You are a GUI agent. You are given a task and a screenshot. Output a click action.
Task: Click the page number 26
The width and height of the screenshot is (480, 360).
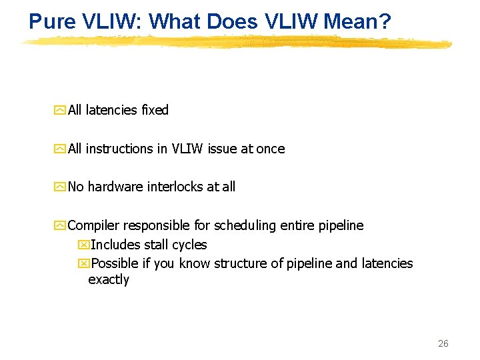tap(443, 343)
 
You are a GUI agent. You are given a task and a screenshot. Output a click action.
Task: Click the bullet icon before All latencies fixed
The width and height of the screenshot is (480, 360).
tap(61, 111)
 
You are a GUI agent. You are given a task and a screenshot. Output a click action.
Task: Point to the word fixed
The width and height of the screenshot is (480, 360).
tap(155, 110)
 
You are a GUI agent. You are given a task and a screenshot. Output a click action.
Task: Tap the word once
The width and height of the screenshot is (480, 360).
tap(271, 149)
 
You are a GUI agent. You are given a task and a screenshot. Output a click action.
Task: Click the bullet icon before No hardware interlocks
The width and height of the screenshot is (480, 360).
tap(61, 187)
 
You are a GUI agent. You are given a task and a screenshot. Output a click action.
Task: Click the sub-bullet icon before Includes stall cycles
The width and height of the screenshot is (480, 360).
tap(83, 245)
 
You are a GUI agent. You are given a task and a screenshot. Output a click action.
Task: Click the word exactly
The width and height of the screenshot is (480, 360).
tap(109, 279)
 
